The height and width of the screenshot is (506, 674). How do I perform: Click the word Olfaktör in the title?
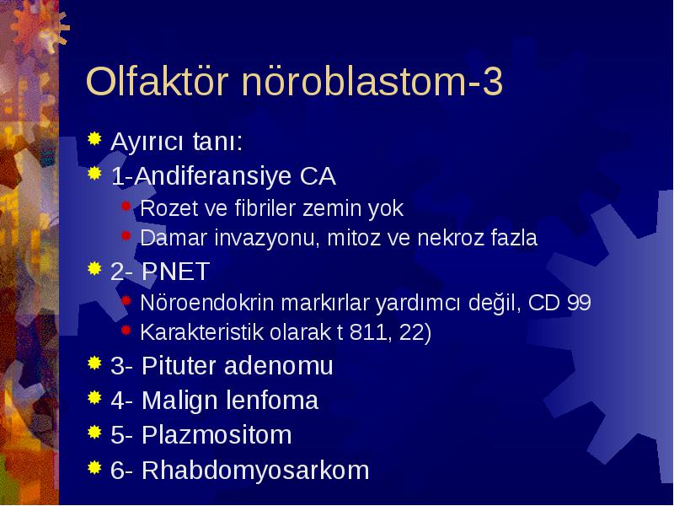(157, 81)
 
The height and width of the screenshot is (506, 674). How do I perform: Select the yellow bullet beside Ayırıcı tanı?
(94, 139)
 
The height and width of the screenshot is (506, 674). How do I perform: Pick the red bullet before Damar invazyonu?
(126, 236)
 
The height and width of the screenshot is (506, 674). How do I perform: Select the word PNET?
(175, 271)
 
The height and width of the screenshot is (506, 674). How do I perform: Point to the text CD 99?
(559, 302)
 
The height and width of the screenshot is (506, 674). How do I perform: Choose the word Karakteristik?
(202, 331)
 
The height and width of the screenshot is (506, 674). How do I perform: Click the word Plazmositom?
(217, 434)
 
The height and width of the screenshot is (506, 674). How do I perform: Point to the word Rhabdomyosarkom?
(255, 470)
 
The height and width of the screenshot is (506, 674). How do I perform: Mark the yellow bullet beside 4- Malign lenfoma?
(94, 397)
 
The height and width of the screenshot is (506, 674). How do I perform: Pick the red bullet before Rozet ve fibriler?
(126, 207)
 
